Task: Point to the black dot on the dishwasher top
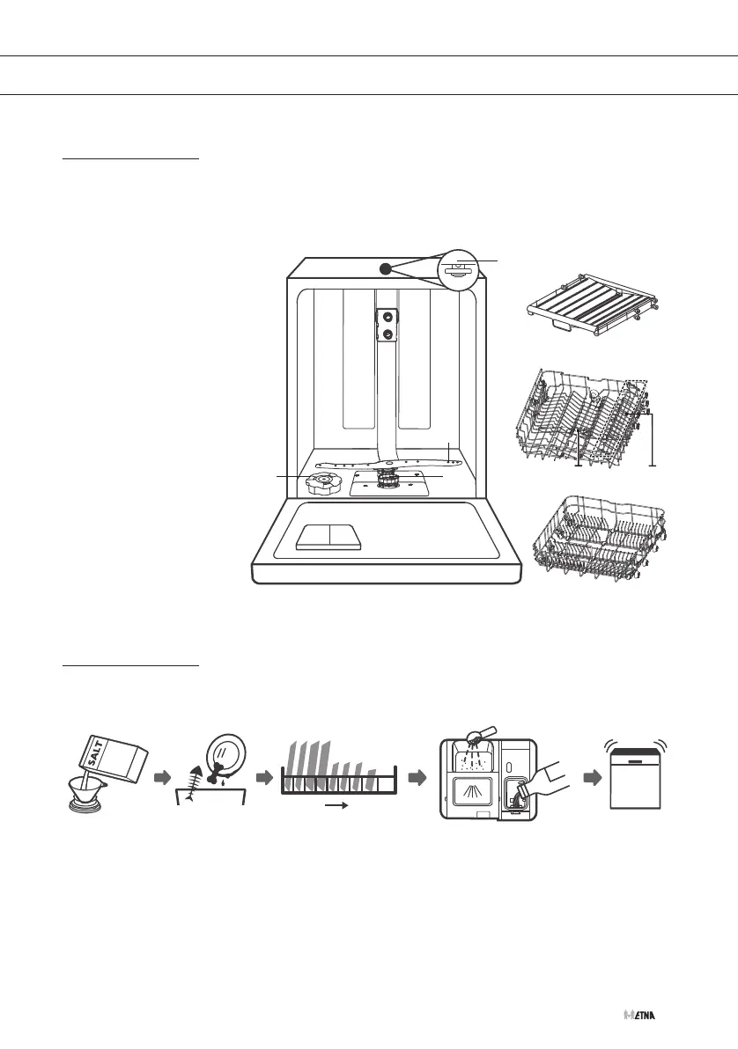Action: [x=386, y=268]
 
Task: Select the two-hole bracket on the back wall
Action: [x=384, y=325]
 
